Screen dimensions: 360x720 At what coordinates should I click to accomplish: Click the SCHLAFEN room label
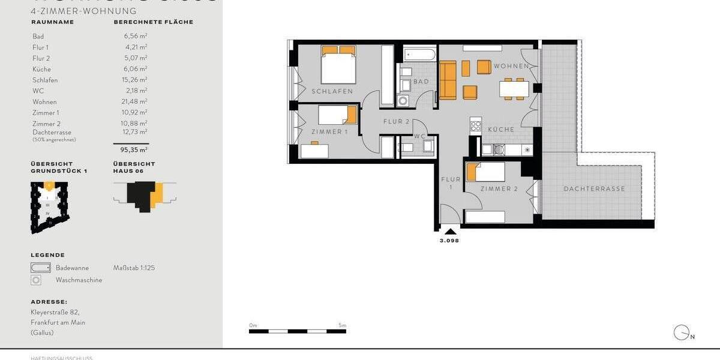(332, 91)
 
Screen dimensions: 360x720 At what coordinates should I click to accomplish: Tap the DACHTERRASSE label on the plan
(594, 189)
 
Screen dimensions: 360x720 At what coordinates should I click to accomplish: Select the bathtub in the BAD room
(419, 55)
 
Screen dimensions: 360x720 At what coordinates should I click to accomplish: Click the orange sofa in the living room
(448, 80)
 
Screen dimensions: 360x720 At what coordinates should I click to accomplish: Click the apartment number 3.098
(449, 240)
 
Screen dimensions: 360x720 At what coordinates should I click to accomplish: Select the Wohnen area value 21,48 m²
(135, 102)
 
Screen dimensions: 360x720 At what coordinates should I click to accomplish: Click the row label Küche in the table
(41, 70)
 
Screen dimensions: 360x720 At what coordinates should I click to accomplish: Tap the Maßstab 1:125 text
(134, 268)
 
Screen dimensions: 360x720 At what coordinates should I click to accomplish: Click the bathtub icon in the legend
(41, 268)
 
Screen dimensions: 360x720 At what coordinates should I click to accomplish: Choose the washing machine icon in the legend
(37, 280)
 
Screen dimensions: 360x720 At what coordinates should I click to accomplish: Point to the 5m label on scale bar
(342, 325)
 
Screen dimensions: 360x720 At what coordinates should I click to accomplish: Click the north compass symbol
(682, 332)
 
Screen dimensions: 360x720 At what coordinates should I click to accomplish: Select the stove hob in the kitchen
(476, 126)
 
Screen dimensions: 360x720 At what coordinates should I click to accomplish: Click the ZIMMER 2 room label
(499, 189)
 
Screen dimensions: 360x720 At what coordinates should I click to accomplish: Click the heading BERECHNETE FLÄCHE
(153, 22)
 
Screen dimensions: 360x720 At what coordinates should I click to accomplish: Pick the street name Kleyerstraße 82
(55, 313)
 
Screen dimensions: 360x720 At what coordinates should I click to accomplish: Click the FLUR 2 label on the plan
(396, 122)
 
